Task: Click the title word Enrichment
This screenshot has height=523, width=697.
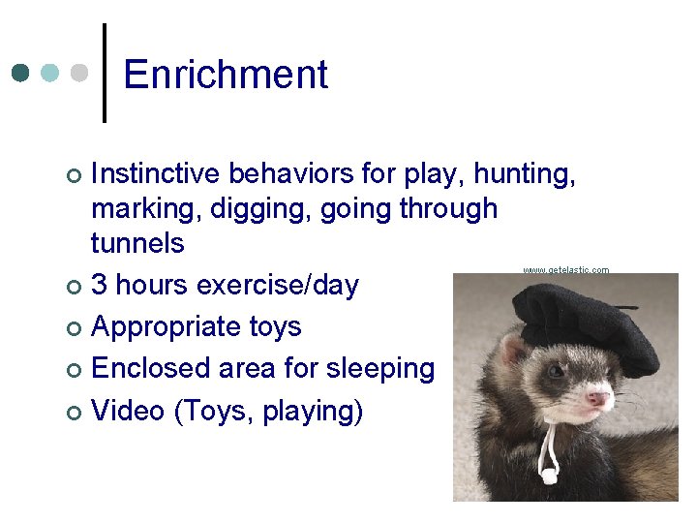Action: coord(226,75)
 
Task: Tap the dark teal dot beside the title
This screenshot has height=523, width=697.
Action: coord(21,73)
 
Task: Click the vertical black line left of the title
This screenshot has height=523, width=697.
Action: coord(104,73)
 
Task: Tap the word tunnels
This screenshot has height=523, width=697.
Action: coord(136,242)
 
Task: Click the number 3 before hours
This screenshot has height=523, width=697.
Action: coord(99,286)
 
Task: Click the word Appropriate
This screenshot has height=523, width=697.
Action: coord(165,327)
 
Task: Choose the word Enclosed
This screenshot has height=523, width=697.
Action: coord(145,369)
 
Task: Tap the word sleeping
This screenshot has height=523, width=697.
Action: coord(380,369)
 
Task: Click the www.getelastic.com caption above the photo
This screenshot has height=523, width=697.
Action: coord(565,270)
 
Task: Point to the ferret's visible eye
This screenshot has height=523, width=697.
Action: coord(556,371)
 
